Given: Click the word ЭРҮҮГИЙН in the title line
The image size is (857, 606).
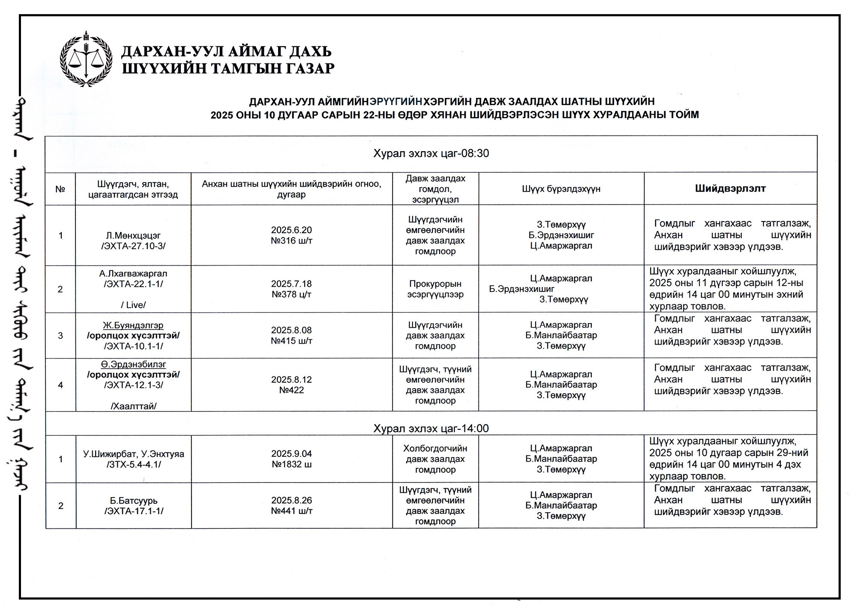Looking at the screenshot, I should [x=396, y=102].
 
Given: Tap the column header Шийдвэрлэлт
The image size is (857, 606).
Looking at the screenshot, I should [x=730, y=189].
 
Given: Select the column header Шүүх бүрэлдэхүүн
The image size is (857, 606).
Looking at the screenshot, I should [x=561, y=189].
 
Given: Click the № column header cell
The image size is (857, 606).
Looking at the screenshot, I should [x=60, y=189].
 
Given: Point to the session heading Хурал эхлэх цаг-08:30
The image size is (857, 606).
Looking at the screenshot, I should [x=431, y=153].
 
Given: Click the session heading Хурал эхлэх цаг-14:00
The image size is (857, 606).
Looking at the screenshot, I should [x=431, y=428].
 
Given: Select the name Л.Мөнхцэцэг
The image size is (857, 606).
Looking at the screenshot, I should [x=133, y=235].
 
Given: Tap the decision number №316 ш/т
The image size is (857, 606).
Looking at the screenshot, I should [x=291, y=241].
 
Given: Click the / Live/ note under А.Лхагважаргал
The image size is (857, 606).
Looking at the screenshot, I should [x=133, y=305].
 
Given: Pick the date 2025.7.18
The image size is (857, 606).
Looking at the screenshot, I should [x=291, y=284].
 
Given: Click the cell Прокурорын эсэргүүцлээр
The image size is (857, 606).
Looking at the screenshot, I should [x=435, y=289].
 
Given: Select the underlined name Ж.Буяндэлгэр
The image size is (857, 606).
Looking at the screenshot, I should [x=133, y=325].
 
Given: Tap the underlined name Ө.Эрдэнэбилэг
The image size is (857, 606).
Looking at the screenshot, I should [x=133, y=364].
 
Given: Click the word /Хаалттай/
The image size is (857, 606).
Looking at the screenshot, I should [x=133, y=406].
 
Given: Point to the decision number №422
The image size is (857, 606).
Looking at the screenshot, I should [x=291, y=390].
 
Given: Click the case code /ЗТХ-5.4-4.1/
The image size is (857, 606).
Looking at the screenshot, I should [x=133, y=465].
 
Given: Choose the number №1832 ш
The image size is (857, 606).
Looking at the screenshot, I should [x=291, y=464].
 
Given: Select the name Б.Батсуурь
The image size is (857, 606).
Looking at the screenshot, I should [x=133, y=501].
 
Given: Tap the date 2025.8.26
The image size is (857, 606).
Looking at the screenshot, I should [x=291, y=500].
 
